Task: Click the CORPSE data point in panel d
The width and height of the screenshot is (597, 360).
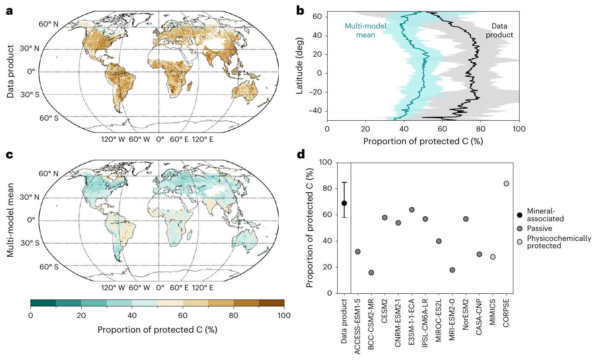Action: tap(506, 183)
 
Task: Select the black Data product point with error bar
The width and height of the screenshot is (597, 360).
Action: tap(344, 203)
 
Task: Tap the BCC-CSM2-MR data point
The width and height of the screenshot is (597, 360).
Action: tap(371, 273)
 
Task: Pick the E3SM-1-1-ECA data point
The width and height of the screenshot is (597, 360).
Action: tap(412, 210)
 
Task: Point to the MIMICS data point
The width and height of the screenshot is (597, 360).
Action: tap(493, 257)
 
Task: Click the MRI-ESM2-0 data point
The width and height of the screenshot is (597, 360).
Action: tap(452, 270)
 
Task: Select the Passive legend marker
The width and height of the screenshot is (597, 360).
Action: tap(520, 229)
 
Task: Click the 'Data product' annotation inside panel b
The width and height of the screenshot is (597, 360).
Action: tap(499, 30)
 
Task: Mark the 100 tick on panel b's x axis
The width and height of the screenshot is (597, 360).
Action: tap(519, 129)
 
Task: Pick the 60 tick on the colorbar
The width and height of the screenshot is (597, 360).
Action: tap(183, 316)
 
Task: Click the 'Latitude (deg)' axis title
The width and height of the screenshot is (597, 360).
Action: tap(301, 66)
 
